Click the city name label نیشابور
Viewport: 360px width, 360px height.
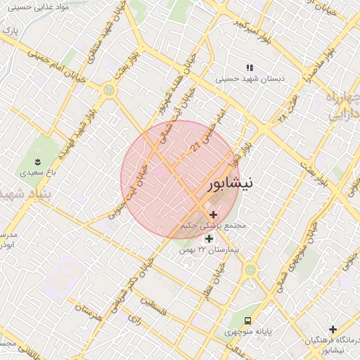click(x=233, y=185)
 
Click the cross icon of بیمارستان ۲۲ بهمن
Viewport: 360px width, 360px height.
click(x=207, y=238)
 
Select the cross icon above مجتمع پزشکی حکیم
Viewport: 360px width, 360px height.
click(x=213, y=214)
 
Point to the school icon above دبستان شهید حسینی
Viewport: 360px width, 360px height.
click(x=249, y=68)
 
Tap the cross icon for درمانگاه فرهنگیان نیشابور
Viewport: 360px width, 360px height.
click(x=333, y=329)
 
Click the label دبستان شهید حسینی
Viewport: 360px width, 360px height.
click(x=259, y=79)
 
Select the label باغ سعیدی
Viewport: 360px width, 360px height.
click(x=32, y=171)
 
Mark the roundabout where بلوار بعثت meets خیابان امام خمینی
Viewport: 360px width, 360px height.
click(x=108, y=89)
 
